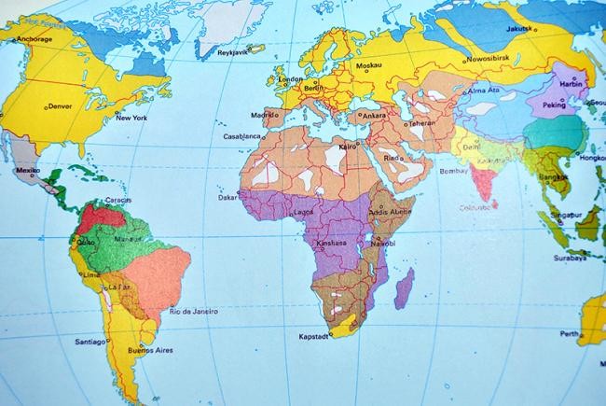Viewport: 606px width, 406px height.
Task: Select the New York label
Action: click(x=131, y=118)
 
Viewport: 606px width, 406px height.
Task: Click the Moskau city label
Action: click(x=370, y=67)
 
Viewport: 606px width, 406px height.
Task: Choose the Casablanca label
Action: click(x=241, y=136)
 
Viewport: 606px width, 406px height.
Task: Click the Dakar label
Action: click(x=227, y=198)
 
